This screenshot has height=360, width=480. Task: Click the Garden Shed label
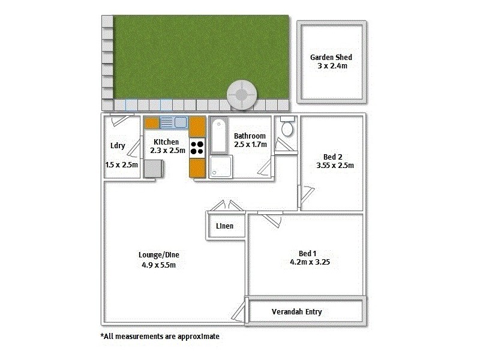click(331, 57)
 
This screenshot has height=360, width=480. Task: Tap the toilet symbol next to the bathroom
click(287, 128)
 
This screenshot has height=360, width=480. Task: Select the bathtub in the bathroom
click(218, 136)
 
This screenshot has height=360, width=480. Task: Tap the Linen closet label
click(224, 226)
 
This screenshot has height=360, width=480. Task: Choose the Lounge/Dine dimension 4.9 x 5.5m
click(158, 265)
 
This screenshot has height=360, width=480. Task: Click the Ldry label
click(118, 146)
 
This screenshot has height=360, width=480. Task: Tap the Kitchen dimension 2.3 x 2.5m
click(165, 151)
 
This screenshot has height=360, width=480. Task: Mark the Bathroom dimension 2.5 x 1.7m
click(250, 145)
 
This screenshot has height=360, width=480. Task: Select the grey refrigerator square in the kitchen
click(152, 169)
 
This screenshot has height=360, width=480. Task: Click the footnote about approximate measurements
click(160, 337)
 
